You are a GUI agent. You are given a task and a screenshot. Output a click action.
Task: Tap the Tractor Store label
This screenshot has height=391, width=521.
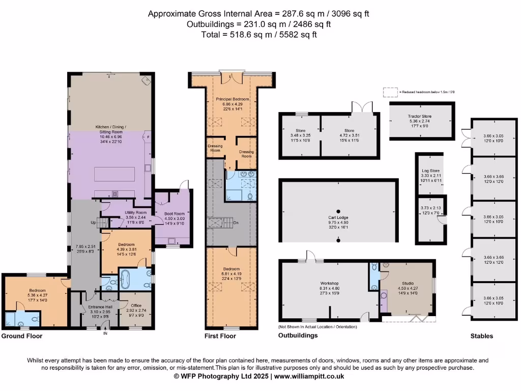tap(420, 117)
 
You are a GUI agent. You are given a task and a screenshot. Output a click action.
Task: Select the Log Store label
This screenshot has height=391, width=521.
tap(430, 171)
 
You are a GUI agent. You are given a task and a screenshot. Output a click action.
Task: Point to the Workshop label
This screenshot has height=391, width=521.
tap(329, 283)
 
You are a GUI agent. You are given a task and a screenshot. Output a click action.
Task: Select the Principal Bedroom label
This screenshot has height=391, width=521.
tap(232, 99)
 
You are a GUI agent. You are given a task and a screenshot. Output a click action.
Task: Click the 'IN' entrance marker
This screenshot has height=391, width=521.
tap(105, 334)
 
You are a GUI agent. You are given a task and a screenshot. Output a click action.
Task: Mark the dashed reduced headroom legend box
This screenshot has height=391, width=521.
tap(390, 92)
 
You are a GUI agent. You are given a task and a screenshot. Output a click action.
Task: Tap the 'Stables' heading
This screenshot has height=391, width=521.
tap(481, 336)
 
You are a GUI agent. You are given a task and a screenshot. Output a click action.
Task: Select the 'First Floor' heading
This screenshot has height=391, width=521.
tap(220, 336)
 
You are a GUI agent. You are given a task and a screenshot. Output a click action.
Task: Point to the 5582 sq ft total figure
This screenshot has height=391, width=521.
tap(299, 35)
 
